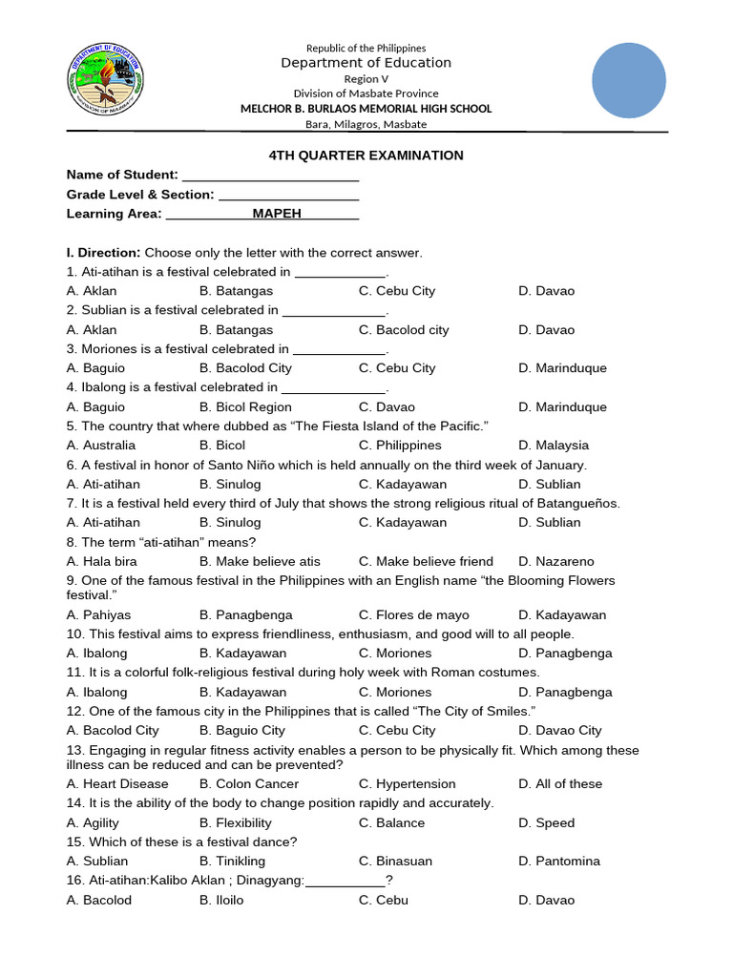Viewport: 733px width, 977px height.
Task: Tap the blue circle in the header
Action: click(628, 81)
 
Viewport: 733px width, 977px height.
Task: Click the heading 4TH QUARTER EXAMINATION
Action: click(364, 156)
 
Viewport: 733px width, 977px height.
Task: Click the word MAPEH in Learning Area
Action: click(277, 214)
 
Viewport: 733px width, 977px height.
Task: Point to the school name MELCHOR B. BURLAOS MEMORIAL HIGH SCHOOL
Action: click(366, 109)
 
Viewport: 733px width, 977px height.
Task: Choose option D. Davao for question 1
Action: click(547, 291)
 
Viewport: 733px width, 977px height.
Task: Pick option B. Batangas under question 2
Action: click(236, 330)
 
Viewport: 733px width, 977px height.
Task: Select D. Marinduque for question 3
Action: click(562, 368)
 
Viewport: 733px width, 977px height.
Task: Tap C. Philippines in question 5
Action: click(400, 446)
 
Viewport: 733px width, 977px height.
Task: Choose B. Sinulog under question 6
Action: click(230, 485)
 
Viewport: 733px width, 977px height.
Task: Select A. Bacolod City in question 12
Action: click(113, 731)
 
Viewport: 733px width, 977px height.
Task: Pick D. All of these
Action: click(560, 784)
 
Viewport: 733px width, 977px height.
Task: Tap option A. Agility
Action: click(93, 823)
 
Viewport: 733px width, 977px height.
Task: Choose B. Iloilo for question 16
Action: click(221, 901)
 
